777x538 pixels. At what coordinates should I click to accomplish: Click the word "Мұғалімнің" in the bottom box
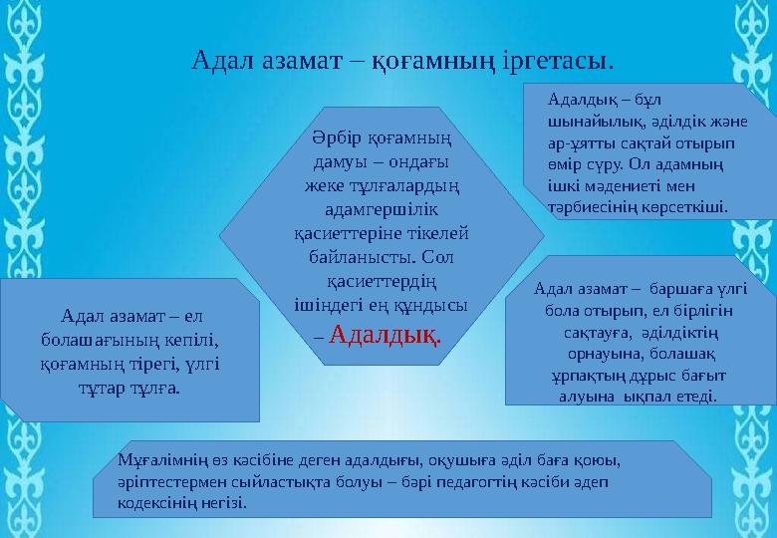160,460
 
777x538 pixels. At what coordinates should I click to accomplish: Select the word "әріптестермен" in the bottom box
169,481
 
